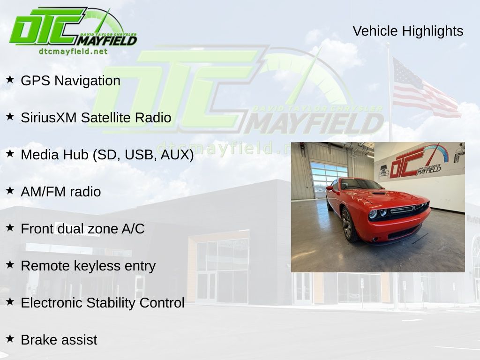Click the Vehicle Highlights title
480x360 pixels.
(x=408, y=31)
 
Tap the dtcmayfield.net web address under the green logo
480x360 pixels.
(x=73, y=52)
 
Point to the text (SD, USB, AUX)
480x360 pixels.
(x=143, y=155)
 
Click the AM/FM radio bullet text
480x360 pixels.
(x=61, y=192)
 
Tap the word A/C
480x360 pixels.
(x=133, y=229)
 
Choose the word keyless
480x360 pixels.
(x=97, y=266)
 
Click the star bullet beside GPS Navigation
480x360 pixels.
(x=10, y=79)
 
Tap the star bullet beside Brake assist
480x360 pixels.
(x=10, y=338)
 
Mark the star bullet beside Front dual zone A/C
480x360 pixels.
(x=10, y=227)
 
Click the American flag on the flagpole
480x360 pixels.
(x=426, y=89)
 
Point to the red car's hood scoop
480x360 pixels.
(x=379, y=193)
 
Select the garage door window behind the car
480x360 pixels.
(x=329, y=178)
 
